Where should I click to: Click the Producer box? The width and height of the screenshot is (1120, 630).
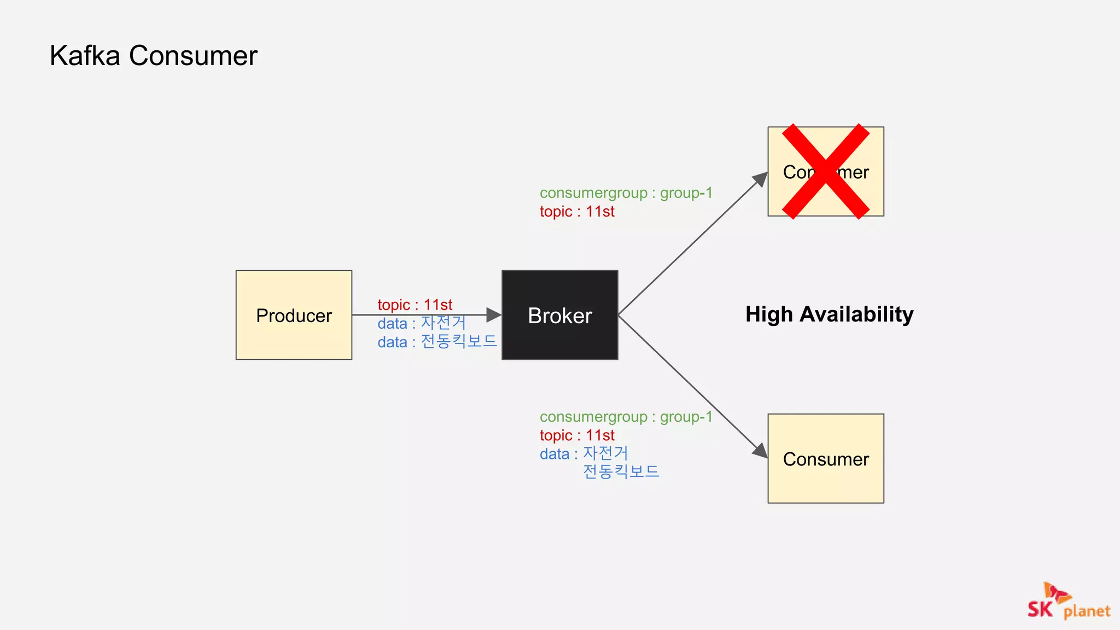click(x=294, y=315)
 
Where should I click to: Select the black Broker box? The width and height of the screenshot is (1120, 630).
click(x=559, y=315)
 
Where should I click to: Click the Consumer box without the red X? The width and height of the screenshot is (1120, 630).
click(x=826, y=458)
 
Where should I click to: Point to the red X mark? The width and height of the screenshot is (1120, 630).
click(x=826, y=171)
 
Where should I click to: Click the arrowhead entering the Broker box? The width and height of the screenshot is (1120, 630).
click(x=494, y=315)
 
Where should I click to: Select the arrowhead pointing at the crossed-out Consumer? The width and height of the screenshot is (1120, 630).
click(x=761, y=179)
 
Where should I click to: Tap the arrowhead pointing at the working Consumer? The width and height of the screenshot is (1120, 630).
click(x=760, y=451)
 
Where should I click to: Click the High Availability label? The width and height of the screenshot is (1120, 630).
click(x=829, y=314)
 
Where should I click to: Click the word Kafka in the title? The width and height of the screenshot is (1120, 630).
click(x=85, y=56)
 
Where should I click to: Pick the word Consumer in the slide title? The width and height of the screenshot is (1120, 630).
click(x=193, y=56)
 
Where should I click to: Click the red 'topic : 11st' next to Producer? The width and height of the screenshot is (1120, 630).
click(x=415, y=305)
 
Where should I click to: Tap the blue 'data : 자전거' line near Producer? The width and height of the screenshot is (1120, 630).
click(x=421, y=323)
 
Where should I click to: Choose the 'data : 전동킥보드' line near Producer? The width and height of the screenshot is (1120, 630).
click(x=437, y=342)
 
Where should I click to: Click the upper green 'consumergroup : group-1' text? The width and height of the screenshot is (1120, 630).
click(x=626, y=193)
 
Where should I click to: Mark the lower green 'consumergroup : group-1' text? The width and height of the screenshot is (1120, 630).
click(x=626, y=417)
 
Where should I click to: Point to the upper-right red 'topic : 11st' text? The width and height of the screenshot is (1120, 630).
click(x=577, y=212)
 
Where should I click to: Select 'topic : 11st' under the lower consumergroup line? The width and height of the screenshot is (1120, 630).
click(x=577, y=435)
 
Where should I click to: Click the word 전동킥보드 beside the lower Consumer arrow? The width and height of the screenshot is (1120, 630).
click(x=621, y=471)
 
